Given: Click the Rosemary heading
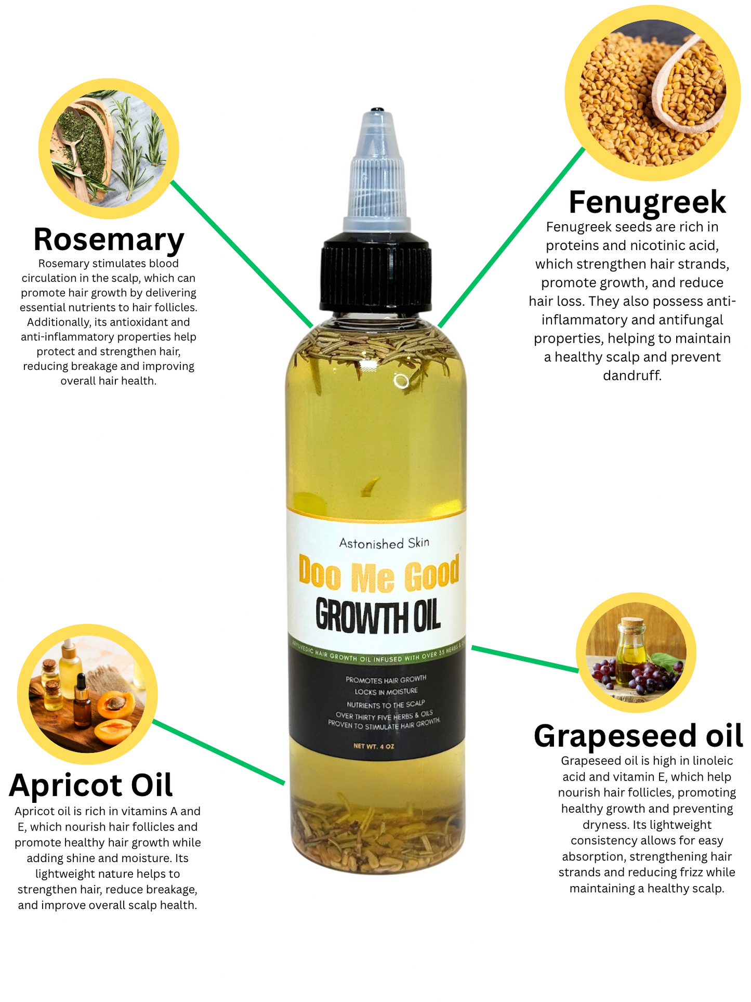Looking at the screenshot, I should coord(109,239).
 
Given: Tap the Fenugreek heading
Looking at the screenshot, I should coord(647,202).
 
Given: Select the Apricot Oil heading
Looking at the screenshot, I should coord(90,785).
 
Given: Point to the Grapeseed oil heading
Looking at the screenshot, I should coord(638,736).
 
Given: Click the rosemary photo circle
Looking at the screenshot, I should coord(109,148).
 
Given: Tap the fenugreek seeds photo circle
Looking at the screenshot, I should coord(652,93).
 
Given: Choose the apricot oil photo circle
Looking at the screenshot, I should coord(87,694).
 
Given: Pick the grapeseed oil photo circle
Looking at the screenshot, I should coord(636,652).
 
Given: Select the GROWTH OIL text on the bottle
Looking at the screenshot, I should coord(378,616).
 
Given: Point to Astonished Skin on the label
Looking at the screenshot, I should coord(384,543).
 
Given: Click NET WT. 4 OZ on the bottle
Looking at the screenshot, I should coord(374,746).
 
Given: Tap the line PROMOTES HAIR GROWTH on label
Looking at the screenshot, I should coord(386,679).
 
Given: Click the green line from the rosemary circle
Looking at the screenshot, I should coord(242,253).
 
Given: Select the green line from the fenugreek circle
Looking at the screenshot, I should coord(512,237).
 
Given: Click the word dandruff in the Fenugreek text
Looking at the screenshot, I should coord(632,375).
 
